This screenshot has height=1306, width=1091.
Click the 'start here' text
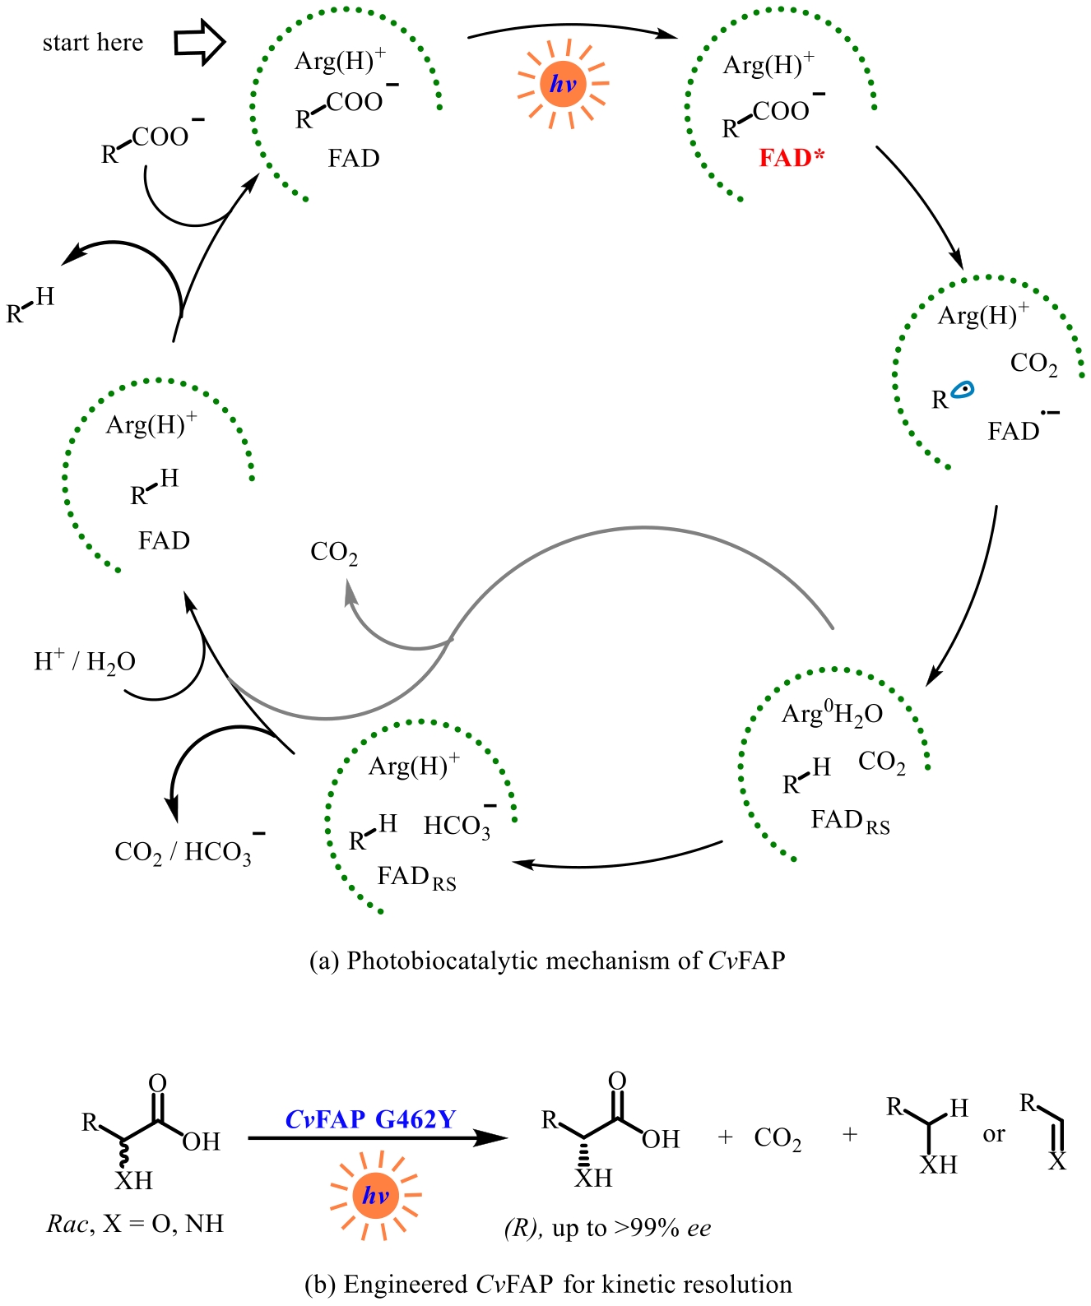click(x=92, y=43)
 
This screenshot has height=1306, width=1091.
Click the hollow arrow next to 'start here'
click(x=200, y=43)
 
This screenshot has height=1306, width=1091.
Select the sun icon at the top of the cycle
click(x=564, y=84)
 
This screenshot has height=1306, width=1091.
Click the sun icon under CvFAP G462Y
click(x=375, y=1194)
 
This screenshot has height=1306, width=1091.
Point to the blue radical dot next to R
click(x=963, y=390)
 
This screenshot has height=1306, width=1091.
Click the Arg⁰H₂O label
click(x=832, y=714)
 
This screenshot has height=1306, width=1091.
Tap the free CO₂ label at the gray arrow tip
click(x=334, y=553)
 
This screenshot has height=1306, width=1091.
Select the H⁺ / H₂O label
click(x=84, y=661)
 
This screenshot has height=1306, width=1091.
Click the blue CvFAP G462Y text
click(x=370, y=1119)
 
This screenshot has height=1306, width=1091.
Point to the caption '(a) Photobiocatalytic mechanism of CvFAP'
click(x=547, y=961)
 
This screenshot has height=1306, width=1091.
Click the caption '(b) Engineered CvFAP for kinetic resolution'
click(x=548, y=1284)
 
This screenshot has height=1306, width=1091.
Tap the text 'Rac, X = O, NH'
click(x=135, y=1224)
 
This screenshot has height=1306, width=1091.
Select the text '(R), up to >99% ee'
click(x=607, y=1229)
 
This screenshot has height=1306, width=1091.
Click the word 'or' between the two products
click(x=994, y=1134)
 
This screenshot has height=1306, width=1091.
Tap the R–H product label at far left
click(x=30, y=305)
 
